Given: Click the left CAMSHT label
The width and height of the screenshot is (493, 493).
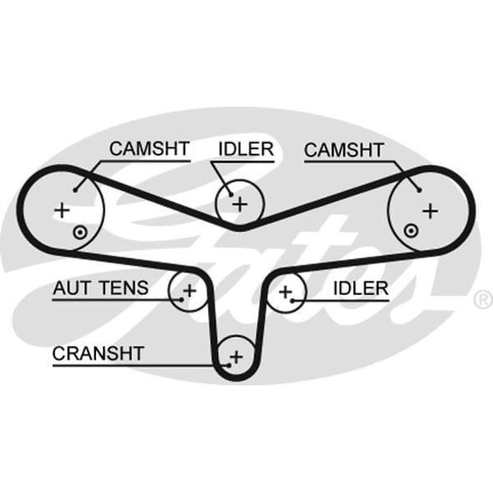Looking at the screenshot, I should [x=150, y=149].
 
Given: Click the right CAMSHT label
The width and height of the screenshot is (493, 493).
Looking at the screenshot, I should [x=343, y=150].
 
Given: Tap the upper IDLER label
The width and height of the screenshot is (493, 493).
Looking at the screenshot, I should [x=246, y=149].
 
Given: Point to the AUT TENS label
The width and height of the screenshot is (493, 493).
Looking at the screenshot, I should [x=101, y=288].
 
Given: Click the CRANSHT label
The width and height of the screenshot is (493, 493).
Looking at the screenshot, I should [x=99, y=353].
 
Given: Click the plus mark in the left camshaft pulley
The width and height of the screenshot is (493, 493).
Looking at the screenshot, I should [x=62, y=210].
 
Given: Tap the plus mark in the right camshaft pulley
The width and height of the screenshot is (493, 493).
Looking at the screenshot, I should [x=430, y=210].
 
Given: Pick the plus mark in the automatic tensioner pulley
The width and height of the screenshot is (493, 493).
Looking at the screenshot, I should [x=189, y=290].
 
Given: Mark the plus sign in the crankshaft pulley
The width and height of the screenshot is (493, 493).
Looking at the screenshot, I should [x=237, y=357].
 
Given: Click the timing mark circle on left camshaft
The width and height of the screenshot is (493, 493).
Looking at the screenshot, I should [x=78, y=232].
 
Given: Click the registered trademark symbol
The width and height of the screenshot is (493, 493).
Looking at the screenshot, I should [x=483, y=297].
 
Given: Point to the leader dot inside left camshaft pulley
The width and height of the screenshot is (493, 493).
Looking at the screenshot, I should [x=75, y=189].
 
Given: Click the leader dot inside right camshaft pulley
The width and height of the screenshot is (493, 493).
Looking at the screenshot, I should [x=419, y=189].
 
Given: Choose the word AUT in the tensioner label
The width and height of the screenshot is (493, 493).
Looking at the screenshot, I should [x=70, y=288].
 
